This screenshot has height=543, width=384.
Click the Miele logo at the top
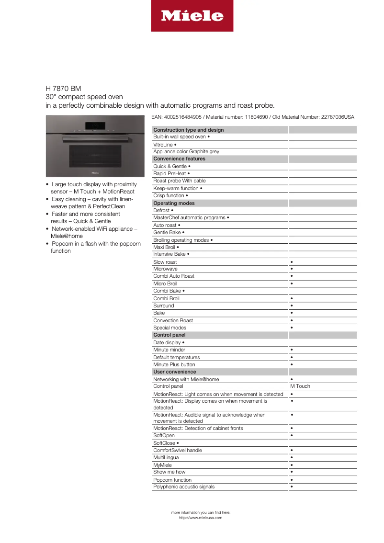[x=192, y=16]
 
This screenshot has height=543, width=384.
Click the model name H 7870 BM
[x=63, y=89]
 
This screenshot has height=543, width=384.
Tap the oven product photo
[x=95, y=147]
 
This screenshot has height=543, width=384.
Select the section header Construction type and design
[x=188, y=130]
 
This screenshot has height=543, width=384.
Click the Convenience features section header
[x=179, y=158]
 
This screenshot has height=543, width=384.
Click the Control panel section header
[x=169, y=335]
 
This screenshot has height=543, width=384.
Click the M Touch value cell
[x=300, y=386]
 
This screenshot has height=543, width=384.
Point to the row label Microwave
[x=165, y=269]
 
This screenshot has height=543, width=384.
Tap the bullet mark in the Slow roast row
[x=292, y=262]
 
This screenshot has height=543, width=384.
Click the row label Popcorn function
[x=172, y=480]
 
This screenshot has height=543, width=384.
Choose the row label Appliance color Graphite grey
[x=186, y=151]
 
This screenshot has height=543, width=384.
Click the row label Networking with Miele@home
[x=186, y=379]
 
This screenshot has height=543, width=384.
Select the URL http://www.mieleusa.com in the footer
[x=200, y=518]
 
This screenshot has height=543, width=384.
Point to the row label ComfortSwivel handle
[x=177, y=450]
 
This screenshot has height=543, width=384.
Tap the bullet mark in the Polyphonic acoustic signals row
[x=292, y=487]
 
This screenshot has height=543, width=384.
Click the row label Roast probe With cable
[x=179, y=181]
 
